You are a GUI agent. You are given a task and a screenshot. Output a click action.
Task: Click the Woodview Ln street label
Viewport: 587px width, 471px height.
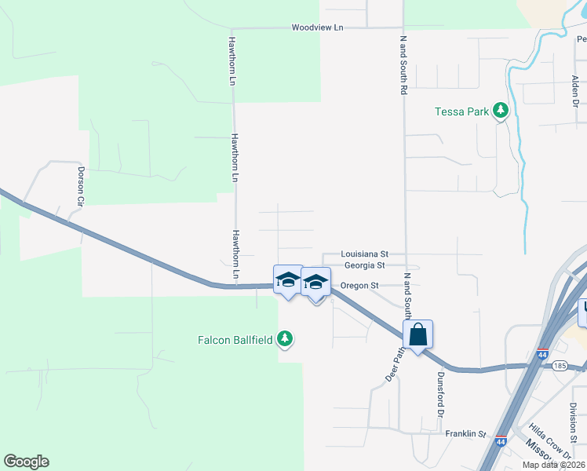click(x=317, y=27)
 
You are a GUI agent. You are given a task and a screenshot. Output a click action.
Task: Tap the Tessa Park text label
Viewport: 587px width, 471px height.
click(x=462, y=111)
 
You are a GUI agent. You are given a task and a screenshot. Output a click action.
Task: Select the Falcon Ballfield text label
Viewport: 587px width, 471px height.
click(x=235, y=340)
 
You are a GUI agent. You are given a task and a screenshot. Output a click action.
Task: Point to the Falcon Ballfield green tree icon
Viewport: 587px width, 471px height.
click(x=286, y=339)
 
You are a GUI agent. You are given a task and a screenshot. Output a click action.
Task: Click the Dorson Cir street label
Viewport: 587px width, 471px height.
click(x=80, y=184)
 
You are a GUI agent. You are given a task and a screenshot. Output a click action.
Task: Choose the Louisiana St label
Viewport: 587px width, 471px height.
click(x=365, y=254)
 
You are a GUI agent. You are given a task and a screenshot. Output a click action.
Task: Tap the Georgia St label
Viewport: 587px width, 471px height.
click(x=364, y=265)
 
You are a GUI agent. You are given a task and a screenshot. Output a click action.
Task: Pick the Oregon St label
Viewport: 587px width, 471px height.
click(x=359, y=285)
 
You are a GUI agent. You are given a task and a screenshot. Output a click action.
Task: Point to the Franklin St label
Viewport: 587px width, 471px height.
click(x=466, y=433)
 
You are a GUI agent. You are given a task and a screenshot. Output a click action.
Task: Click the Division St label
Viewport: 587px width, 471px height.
click(x=574, y=422)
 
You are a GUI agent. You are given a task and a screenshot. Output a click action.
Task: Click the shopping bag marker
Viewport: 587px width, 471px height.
click(x=418, y=334)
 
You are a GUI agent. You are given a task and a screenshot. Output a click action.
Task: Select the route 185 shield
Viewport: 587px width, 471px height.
click(x=560, y=366)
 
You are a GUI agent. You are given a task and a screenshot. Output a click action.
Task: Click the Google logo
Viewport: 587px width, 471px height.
click(x=26, y=462)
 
